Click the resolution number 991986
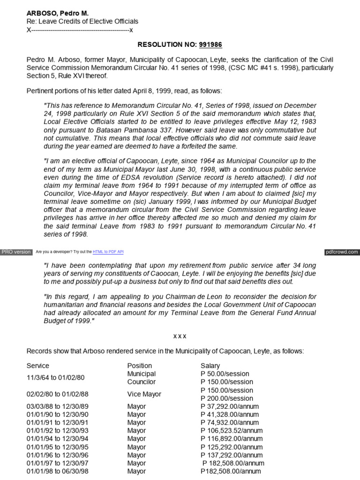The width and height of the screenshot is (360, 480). (211, 45)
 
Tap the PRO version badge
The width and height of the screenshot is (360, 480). (16, 252)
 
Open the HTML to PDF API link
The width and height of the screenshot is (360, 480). (108, 252)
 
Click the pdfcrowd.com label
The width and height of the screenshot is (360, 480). (342, 252)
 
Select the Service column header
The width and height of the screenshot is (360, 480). (38, 366)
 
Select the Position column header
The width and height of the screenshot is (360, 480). (140, 366)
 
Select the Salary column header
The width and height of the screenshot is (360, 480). (210, 366)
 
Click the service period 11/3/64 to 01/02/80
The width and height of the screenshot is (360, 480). (56, 377)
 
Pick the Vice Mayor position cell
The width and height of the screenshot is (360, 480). (144, 394)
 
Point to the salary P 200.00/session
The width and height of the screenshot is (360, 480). (227, 398)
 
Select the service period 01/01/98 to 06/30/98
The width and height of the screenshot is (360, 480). (57, 471)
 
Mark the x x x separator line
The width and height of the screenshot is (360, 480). (180, 336)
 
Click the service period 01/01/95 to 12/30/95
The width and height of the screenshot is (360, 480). (57, 447)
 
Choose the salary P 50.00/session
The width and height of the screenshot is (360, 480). (225, 374)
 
